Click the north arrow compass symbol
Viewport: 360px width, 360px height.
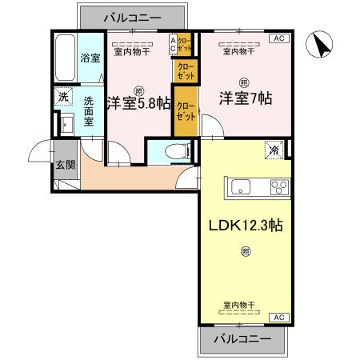tap(321, 45)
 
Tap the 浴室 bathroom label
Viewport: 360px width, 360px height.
tap(90, 59)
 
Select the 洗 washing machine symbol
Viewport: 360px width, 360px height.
tap(62, 98)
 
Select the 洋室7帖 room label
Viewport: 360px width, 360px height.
tap(246, 99)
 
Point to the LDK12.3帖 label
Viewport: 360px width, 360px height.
tap(244, 225)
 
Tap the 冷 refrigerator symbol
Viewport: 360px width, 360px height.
tap(274, 150)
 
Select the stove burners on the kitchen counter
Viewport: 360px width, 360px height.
tap(279, 189)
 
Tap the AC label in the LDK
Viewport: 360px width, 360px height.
tap(279, 318)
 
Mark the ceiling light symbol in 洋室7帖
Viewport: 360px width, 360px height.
tap(242, 81)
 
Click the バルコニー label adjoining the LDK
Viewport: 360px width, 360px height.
tap(238, 339)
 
